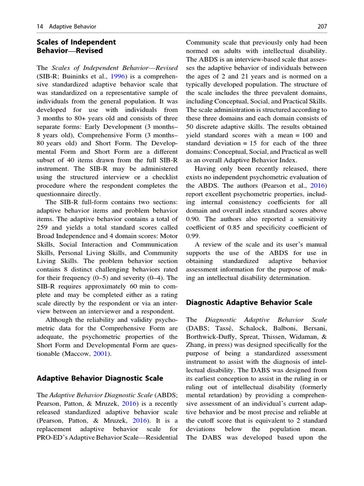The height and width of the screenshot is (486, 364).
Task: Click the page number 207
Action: coord(321,26)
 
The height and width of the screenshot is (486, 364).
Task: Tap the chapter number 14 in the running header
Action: coord(40,26)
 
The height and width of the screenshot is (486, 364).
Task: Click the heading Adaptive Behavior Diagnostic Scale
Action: coord(100,378)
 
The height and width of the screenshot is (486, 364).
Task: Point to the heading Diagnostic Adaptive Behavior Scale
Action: coord(249,302)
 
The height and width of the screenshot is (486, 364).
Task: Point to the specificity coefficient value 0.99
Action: coord(193,236)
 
